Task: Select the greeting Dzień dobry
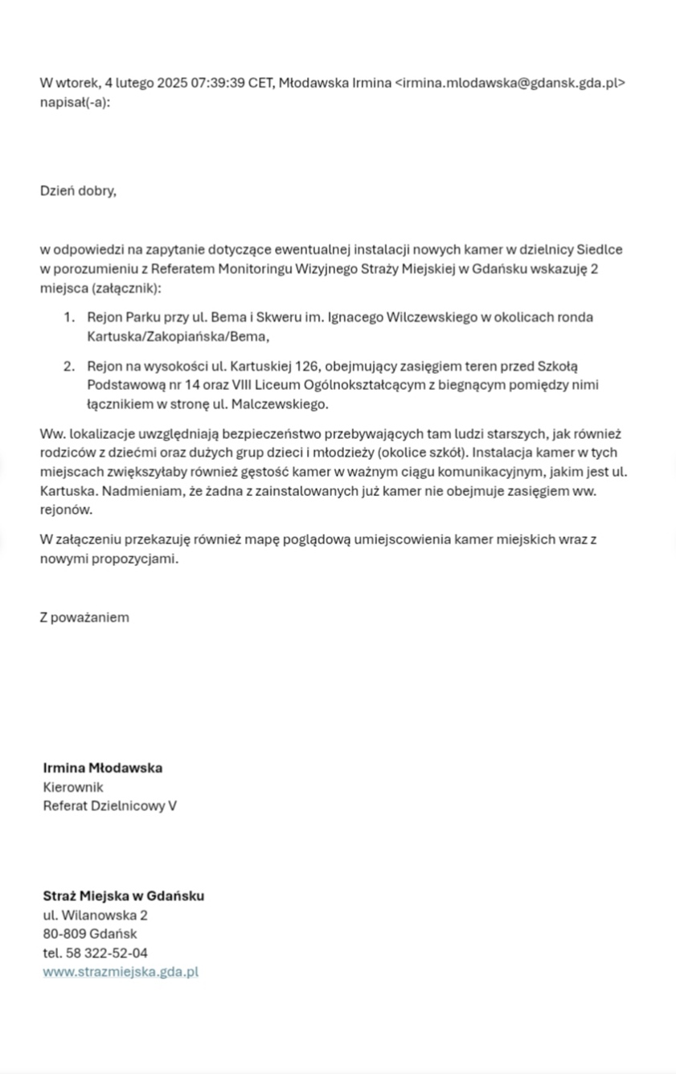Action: point(78,191)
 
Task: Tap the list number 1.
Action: point(69,318)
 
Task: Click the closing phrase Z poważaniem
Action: point(84,617)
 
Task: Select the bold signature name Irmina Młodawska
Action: point(102,768)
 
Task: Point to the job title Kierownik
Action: point(73,787)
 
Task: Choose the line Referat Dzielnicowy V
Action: point(109,805)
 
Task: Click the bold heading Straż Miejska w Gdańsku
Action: point(123,896)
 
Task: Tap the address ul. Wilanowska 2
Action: point(95,915)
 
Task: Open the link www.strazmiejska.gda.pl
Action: point(120,972)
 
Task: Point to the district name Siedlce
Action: point(599,249)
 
